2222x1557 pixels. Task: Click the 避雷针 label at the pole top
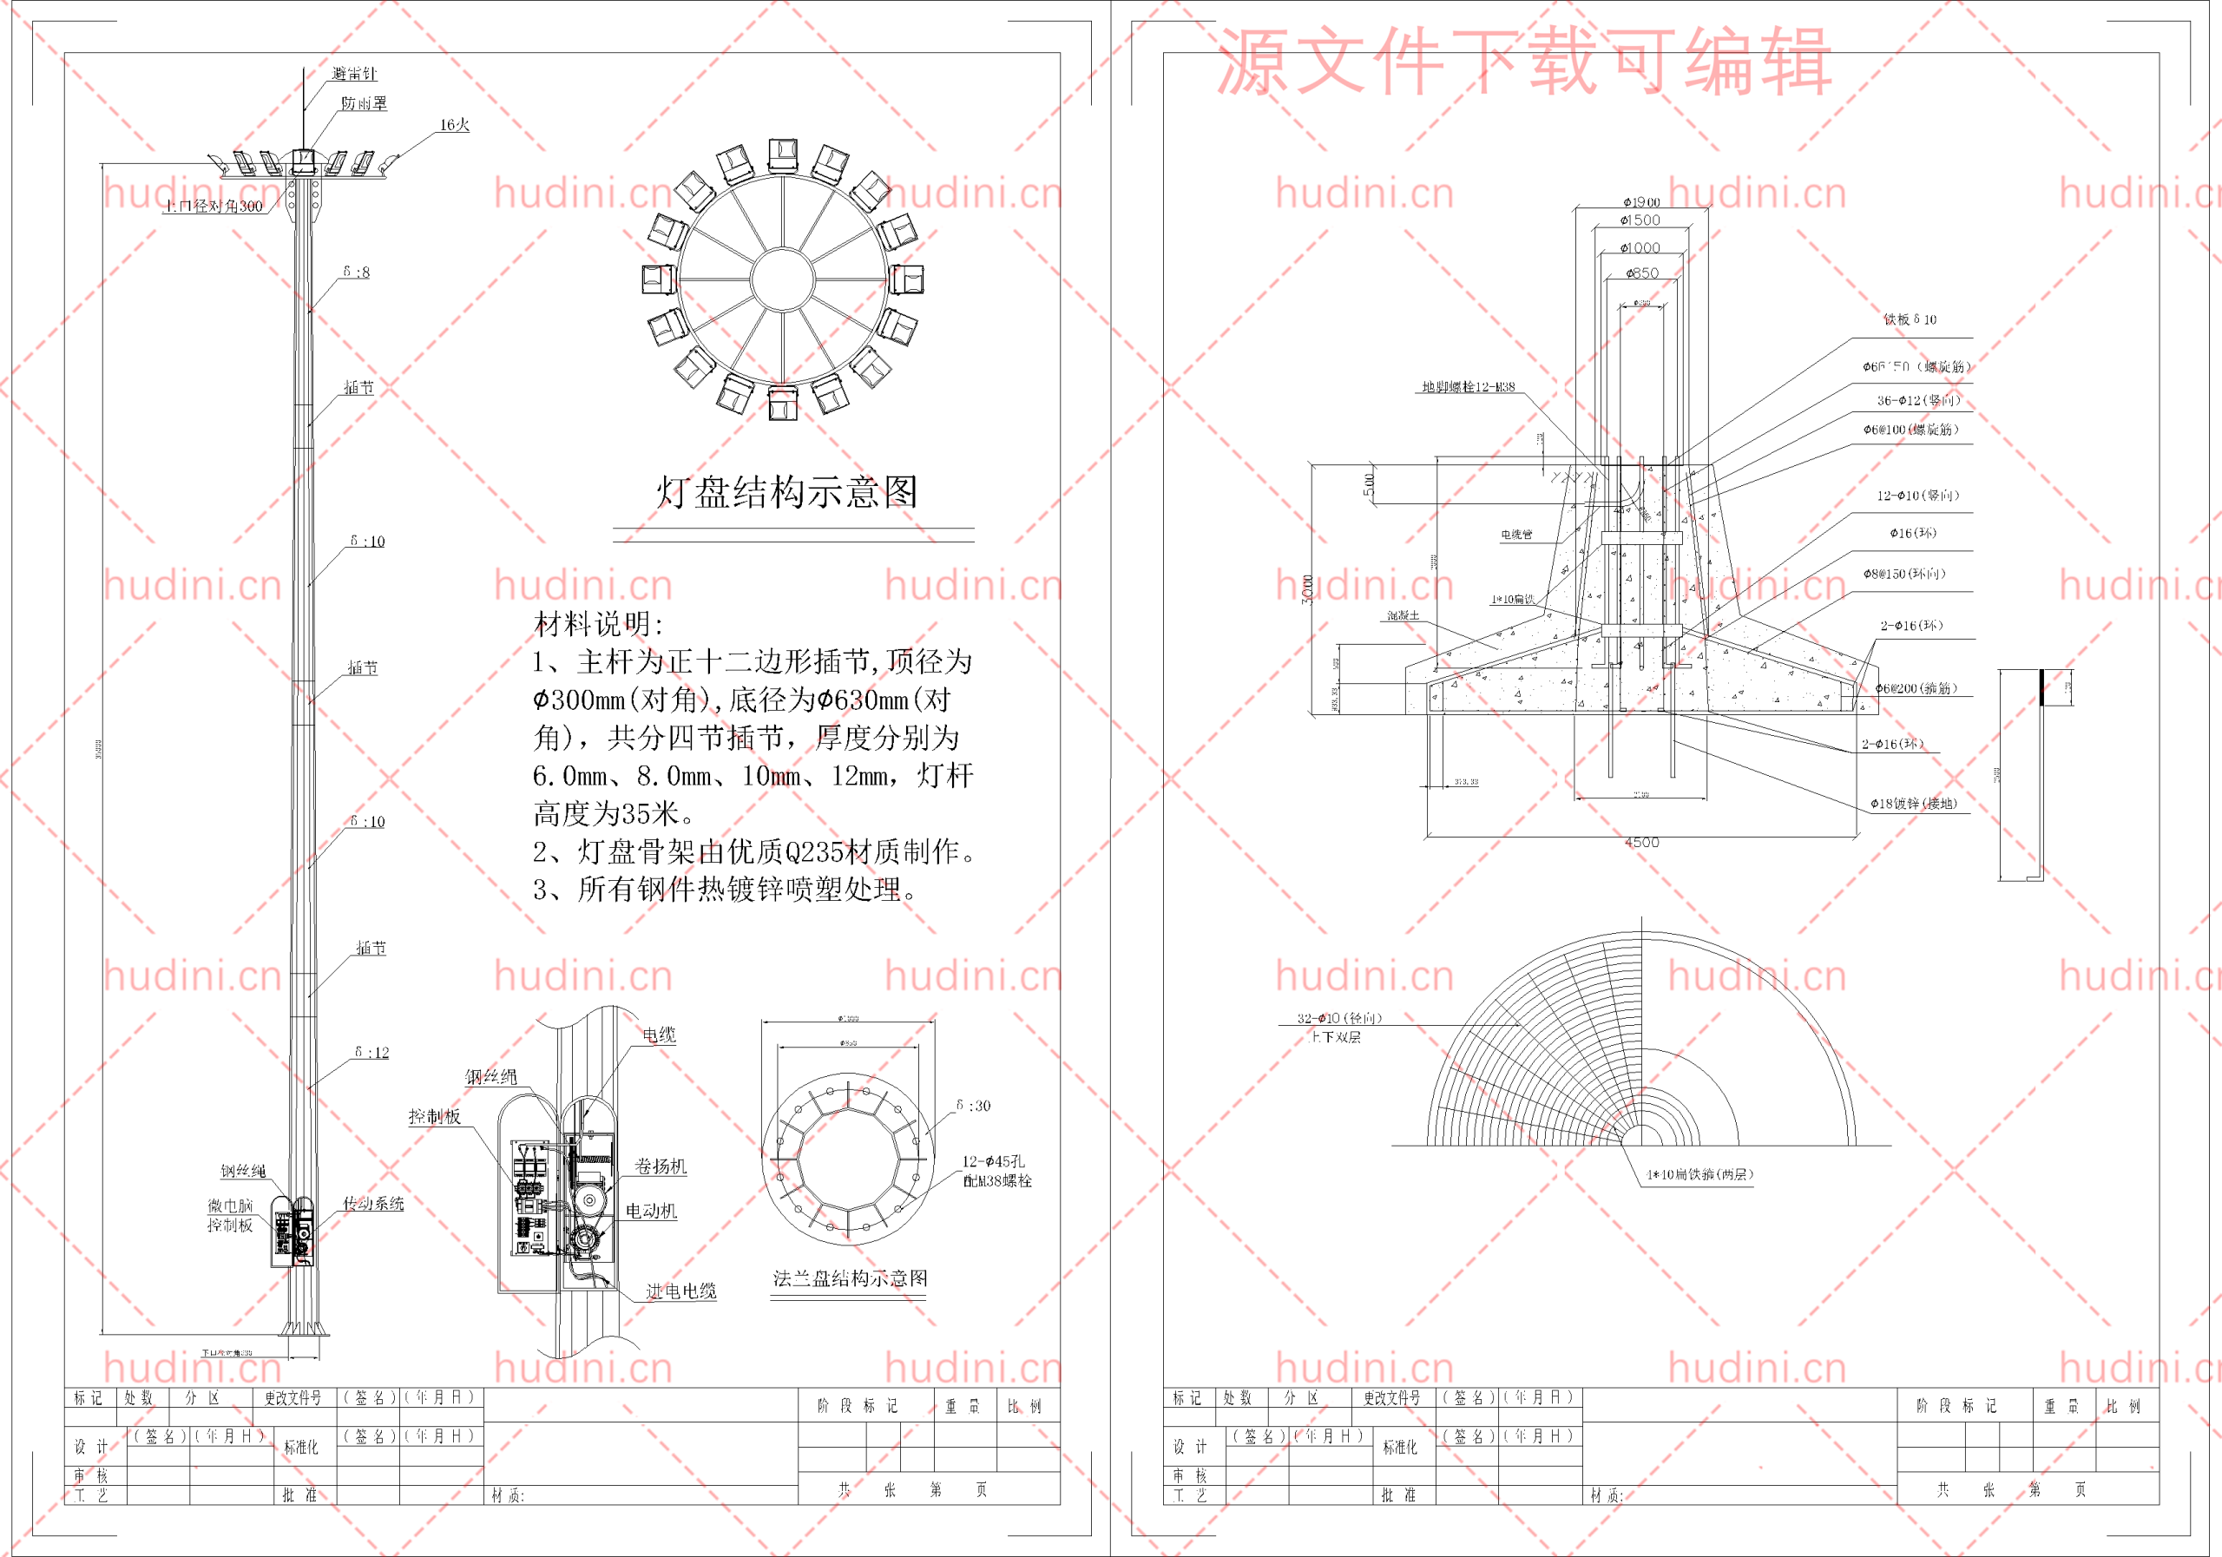click(354, 74)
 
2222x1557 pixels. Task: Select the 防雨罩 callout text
click(364, 103)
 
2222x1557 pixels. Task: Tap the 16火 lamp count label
click(454, 125)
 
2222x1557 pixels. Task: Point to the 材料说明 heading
click(599, 624)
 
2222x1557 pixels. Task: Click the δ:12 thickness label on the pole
click(371, 1052)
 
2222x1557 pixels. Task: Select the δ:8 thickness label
click(356, 272)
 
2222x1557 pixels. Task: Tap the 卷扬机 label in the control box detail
click(660, 1166)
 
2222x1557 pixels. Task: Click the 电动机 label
click(651, 1211)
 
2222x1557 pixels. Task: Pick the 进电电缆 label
click(681, 1291)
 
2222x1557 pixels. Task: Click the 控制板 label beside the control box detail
click(435, 1116)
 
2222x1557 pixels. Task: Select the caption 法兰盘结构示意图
click(850, 1278)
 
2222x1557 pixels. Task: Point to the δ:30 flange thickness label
click(973, 1105)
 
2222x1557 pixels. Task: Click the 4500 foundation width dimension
click(1641, 842)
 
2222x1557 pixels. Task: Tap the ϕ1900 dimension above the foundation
click(1641, 202)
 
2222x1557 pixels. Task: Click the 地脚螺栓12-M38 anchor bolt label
click(1468, 387)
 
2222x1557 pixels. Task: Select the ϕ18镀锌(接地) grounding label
click(1913, 803)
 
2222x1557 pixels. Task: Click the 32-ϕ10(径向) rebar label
click(1339, 1018)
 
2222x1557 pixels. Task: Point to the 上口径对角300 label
click(213, 206)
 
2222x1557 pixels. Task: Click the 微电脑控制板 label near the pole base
click(230, 1215)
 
